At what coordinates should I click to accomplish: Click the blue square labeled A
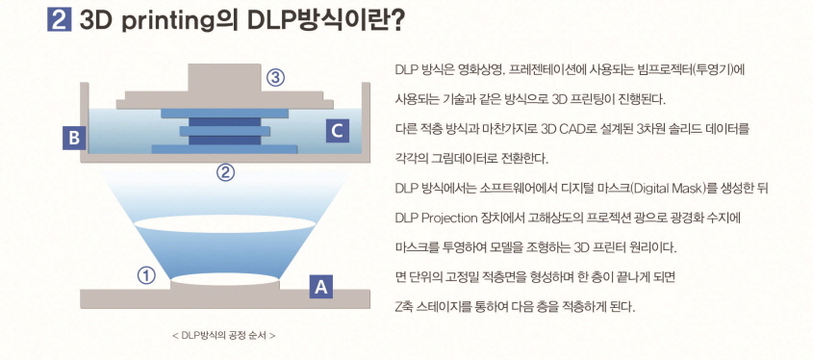click(x=321, y=285)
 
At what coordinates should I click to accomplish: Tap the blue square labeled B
click(x=73, y=139)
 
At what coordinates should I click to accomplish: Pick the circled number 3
click(x=277, y=79)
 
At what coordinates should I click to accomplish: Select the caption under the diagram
click(x=223, y=336)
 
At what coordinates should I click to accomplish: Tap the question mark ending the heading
click(x=395, y=20)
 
